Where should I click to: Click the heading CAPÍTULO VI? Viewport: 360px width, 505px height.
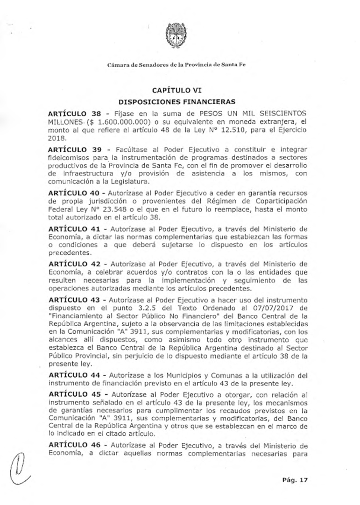coord(177,90)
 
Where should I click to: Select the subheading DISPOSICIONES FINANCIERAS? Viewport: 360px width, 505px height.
coord(177,102)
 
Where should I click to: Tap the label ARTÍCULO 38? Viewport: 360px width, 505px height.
coord(75,113)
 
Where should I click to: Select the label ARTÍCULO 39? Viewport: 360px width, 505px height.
coord(75,150)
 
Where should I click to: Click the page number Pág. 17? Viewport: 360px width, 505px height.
coord(295,480)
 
